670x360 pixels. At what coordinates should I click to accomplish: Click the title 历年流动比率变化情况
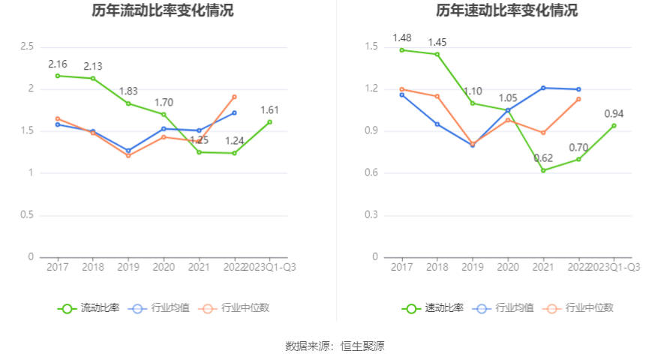[x=163, y=10]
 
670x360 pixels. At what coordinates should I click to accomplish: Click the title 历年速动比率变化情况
[x=507, y=10]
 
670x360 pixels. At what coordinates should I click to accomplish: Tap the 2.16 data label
[x=59, y=64]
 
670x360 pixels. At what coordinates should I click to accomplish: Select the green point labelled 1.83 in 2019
[x=128, y=103]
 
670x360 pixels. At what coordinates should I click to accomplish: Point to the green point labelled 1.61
[x=270, y=121]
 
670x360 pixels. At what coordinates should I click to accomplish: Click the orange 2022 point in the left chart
[x=235, y=97]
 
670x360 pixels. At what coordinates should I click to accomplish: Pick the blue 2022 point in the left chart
[x=235, y=112]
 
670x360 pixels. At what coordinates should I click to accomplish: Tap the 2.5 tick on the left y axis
[x=27, y=46]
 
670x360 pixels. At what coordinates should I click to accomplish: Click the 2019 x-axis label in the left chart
[x=128, y=267]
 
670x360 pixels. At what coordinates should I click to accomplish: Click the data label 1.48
[x=402, y=38]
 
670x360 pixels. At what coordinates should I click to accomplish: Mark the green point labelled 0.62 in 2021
[x=543, y=170]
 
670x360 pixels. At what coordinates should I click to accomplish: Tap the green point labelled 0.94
[x=614, y=125]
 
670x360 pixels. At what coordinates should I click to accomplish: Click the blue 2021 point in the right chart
[x=543, y=88]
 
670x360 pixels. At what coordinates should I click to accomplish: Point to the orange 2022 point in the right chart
[x=579, y=99]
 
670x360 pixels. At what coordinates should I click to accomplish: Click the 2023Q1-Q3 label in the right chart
[x=614, y=267]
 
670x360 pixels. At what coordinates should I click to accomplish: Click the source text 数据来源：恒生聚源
[x=335, y=346]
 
